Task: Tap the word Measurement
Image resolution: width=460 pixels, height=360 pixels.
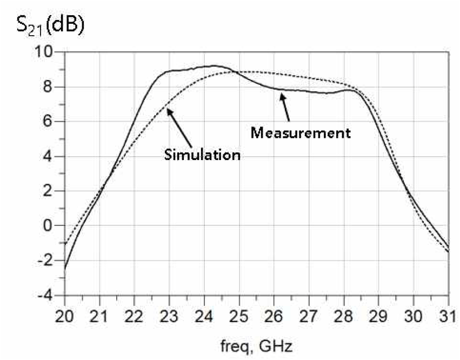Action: tap(301, 132)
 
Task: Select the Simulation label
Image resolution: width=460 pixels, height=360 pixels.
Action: tap(202, 155)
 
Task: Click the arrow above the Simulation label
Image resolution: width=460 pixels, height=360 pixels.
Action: tap(179, 127)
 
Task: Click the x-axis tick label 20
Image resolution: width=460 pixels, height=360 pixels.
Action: tap(65, 315)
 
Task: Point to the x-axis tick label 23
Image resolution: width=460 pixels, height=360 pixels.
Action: tap(169, 315)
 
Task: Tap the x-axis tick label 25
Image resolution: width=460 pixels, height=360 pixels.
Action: tap(239, 315)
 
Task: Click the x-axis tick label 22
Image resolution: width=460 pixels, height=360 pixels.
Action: tap(135, 315)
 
